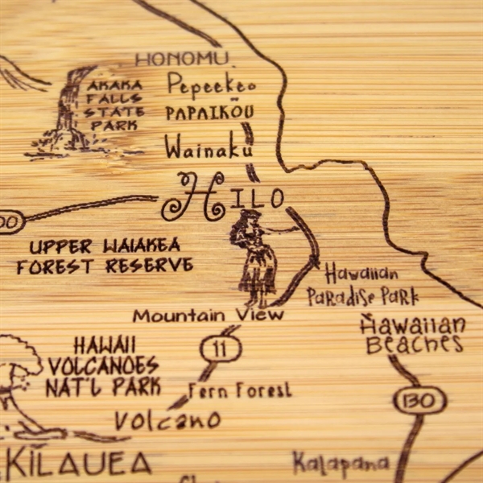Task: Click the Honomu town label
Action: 180,59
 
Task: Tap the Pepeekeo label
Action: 211,85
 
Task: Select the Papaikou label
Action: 209,113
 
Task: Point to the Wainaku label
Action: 208,147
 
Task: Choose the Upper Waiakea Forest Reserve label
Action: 105,255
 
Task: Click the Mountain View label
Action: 208,315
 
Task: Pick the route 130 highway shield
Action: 419,400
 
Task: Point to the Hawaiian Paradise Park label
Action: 362,286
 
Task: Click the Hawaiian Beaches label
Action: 414,335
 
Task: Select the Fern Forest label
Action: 240,390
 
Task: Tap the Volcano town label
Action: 167,419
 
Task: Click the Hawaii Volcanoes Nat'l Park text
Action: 103,365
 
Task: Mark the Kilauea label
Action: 77,463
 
